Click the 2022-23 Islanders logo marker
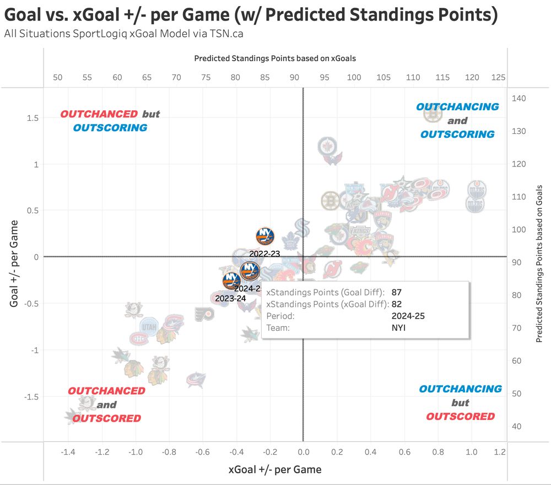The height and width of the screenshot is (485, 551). (265, 236)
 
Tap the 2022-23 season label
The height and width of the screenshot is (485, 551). (264, 254)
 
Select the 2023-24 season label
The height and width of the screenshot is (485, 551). (230, 298)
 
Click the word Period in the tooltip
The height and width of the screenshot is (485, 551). (280, 316)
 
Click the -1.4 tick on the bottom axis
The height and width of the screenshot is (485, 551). (68, 452)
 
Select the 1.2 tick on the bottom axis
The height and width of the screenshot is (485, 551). (500, 452)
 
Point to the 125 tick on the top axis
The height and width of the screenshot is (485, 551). (498, 78)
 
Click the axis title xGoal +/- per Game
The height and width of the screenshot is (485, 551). (275, 470)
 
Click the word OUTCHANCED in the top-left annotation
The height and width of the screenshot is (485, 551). (99, 114)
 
